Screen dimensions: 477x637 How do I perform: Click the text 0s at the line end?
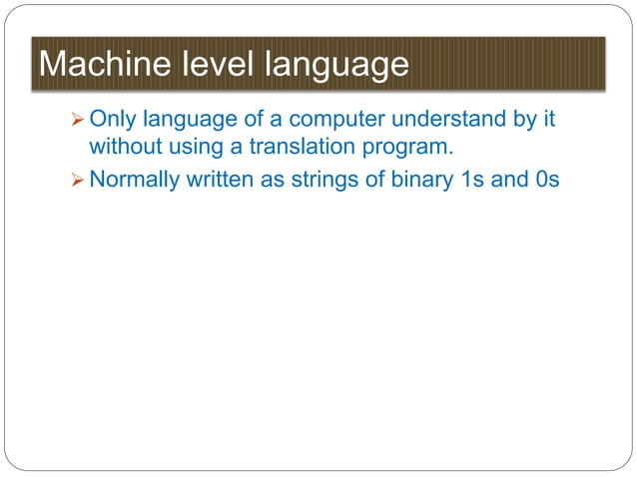[547, 183]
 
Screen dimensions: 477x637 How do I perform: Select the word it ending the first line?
[547, 121]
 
